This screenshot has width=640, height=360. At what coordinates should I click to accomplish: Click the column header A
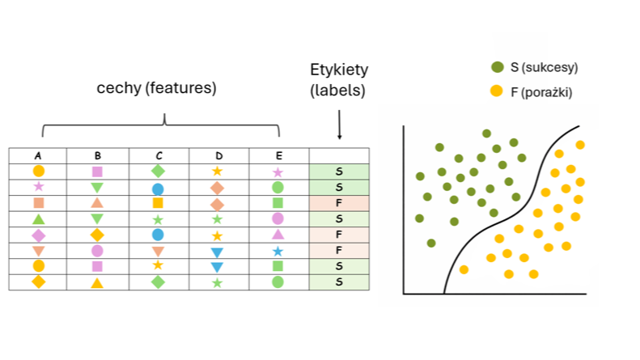point(38,155)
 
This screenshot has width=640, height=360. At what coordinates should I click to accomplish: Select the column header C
point(159,155)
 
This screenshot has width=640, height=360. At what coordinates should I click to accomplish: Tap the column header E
point(279,155)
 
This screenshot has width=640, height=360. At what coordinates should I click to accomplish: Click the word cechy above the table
point(119,88)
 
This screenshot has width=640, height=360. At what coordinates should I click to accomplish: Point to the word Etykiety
point(339,70)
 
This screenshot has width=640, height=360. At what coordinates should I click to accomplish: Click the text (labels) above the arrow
point(337,91)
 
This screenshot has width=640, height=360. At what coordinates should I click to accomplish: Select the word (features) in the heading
point(180,88)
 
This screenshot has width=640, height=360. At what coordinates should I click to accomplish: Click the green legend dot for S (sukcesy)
point(498,67)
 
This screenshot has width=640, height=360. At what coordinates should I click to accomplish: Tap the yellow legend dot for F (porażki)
point(496,91)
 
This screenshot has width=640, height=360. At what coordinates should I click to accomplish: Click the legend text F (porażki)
point(541,92)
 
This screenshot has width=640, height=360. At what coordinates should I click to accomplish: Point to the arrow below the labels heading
point(339,125)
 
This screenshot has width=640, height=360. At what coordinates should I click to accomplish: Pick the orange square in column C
point(158,203)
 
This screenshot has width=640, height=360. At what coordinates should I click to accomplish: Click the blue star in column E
point(278,251)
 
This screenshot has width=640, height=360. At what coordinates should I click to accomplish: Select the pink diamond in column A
point(38,235)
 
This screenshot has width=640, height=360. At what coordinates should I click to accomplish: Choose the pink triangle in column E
point(278,235)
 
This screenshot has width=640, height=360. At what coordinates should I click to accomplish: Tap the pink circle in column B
point(97,251)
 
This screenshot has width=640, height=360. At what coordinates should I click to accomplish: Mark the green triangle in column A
point(38,219)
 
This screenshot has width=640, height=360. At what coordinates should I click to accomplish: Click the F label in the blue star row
point(339,250)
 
